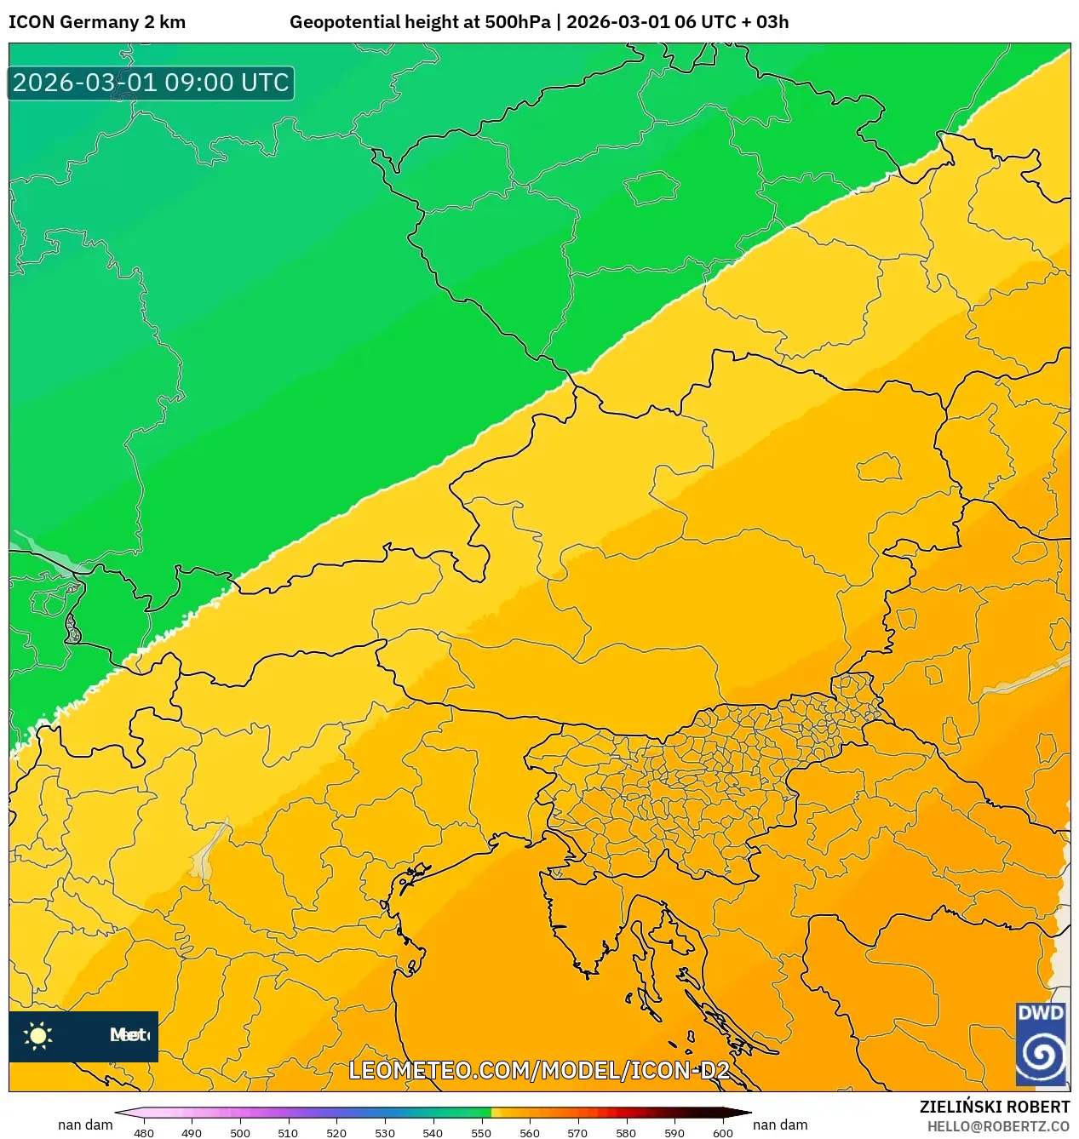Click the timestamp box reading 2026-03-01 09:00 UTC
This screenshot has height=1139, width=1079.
[x=151, y=83]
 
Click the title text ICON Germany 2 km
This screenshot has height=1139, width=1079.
[x=97, y=22]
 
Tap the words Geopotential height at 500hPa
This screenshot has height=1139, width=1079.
[x=420, y=22]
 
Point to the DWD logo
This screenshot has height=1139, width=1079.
[x=1042, y=1044]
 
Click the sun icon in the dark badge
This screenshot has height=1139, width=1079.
[x=38, y=1035]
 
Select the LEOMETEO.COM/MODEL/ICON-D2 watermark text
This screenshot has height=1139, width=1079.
[x=539, y=1070]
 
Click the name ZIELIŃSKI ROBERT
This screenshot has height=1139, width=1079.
[x=994, y=1107]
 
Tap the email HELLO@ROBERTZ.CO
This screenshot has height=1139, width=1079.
[x=998, y=1126]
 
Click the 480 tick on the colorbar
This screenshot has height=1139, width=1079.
[x=144, y=1132]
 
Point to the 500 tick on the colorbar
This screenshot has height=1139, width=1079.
[x=240, y=1132]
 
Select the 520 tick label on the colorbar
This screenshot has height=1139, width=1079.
[x=336, y=1132]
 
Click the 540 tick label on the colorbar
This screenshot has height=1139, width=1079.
[x=433, y=1132]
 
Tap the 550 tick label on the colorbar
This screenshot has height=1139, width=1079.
[x=481, y=1132]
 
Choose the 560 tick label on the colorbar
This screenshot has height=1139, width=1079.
[x=530, y=1132]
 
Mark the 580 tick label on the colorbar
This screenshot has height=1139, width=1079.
[x=626, y=1132]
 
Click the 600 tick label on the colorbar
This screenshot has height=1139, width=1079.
[x=722, y=1132]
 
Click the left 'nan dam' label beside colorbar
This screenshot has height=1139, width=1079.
[x=85, y=1125]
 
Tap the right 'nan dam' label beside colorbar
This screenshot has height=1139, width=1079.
[x=780, y=1125]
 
